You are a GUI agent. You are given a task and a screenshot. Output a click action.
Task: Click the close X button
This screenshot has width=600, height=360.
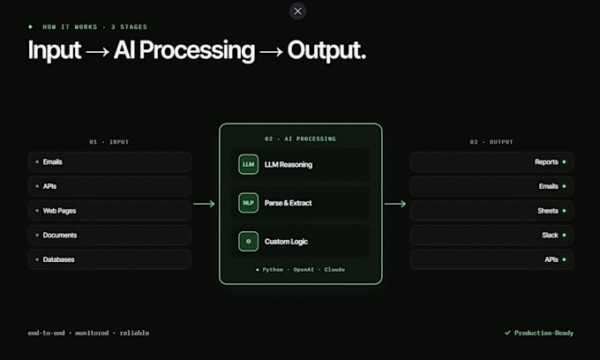pyautogui.click(x=297, y=11)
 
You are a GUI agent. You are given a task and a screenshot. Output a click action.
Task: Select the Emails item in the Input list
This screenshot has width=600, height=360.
pyautogui.click(x=109, y=161)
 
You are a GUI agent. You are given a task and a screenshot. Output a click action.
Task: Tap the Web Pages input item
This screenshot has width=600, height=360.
pyautogui.click(x=109, y=211)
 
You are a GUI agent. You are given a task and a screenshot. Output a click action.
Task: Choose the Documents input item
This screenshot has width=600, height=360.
pyautogui.click(x=109, y=236)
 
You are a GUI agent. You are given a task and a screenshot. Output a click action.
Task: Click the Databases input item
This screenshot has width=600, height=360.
pyautogui.click(x=109, y=259)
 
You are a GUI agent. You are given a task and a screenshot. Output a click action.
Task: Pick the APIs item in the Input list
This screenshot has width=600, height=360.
pyautogui.click(x=109, y=186)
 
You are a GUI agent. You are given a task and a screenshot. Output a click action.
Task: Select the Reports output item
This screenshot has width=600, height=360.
pyautogui.click(x=491, y=161)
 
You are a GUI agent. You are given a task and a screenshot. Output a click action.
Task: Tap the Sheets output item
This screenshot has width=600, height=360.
pyautogui.click(x=491, y=211)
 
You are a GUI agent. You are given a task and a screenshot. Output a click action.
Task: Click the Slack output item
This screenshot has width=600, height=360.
pyautogui.click(x=491, y=236)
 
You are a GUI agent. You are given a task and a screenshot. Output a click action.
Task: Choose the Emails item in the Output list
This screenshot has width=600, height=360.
pyautogui.click(x=491, y=186)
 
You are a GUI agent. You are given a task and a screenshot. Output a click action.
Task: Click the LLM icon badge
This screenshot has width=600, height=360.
pyautogui.click(x=248, y=164)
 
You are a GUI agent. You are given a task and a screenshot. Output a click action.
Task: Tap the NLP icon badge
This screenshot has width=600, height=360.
pyautogui.click(x=248, y=203)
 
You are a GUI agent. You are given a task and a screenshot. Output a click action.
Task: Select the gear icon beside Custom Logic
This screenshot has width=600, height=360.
pyautogui.click(x=248, y=241)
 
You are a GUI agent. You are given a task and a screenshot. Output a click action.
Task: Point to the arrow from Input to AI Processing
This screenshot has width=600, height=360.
pyautogui.click(x=204, y=204)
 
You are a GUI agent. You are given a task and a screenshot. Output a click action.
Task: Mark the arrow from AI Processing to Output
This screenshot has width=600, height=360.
pyautogui.click(x=395, y=204)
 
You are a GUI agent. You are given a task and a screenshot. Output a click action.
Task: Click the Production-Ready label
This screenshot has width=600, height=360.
pyautogui.click(x=539, y=333)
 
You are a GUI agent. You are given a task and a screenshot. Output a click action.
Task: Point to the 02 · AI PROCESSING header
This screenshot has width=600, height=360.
pyautogui.click(x=300, y=139)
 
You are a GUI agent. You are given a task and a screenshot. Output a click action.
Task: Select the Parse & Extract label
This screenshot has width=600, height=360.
pyautogui.click(x=288, y=203)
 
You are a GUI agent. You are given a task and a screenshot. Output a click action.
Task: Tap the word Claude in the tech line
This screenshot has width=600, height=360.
pyautogui.click(x=334, y=269)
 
